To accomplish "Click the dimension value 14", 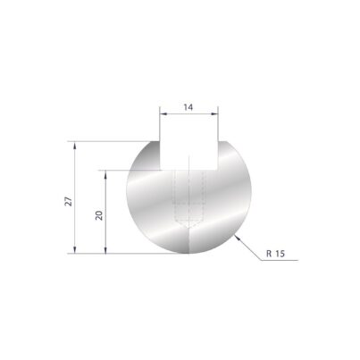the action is click(188, 107).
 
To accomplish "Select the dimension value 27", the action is click(69, 202).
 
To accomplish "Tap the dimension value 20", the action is click(99, 215).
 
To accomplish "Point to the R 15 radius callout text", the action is click(275, 254).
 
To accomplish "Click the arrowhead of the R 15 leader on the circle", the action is click(237, 238).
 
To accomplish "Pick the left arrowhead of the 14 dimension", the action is click(163, 113).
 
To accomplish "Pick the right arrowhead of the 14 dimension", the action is click(215, 113).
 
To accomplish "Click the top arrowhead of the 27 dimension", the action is click(75, 145).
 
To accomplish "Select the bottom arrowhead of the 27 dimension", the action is click(75, 250).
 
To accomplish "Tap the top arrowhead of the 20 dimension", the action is click(105, 174).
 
